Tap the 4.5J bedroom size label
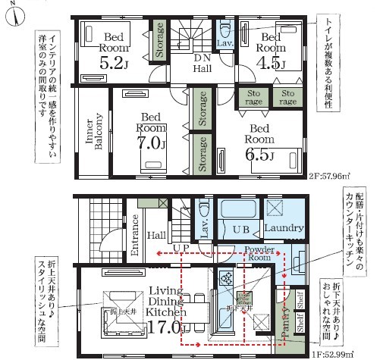(272, 63)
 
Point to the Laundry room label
(284, 227)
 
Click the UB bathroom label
(239, 227)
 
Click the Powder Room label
(259, 253)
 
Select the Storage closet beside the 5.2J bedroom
(160, 41)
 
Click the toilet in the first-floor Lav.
(203, 210)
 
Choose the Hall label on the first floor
(156, 236)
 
